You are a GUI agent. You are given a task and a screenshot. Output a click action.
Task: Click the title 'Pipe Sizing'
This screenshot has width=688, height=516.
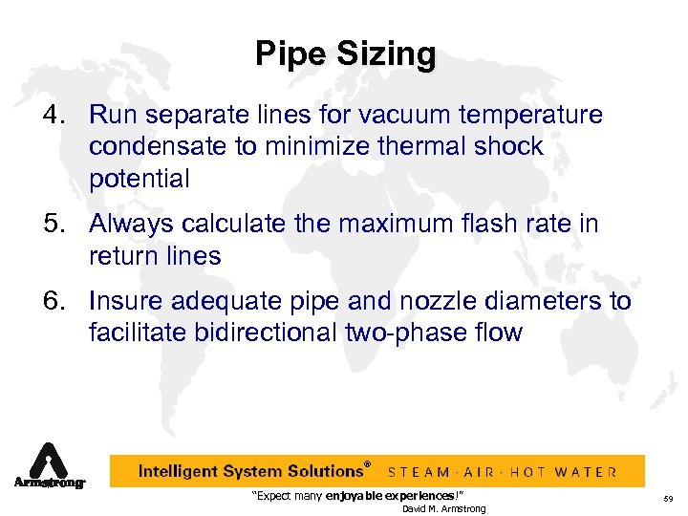[344, 54]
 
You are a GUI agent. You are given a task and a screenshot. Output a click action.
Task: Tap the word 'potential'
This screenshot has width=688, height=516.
[140, 179]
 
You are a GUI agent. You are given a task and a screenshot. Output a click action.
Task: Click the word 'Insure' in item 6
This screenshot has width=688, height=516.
[125, 303]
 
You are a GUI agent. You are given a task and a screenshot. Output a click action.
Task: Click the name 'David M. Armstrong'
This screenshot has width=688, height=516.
[443, 508]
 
